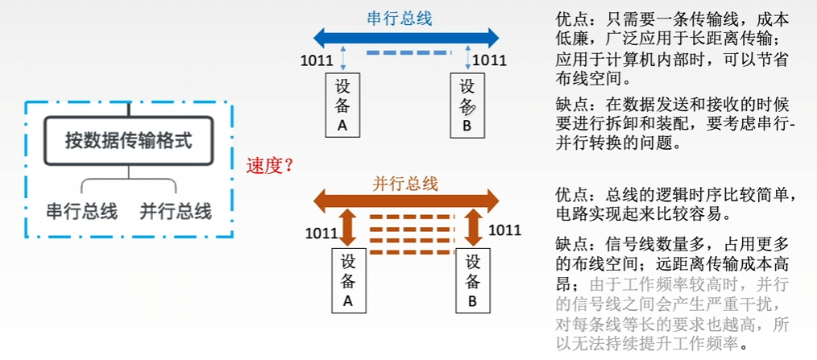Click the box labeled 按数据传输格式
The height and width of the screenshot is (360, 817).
pyautogui.click(x=129, y=141)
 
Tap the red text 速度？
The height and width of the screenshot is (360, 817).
pyautogui.click(x=271, y=166)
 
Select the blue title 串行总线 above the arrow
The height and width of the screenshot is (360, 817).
pyautogui.click(x=400, y=18)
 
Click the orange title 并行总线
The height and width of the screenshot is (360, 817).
pyautogui.click(x=405, y=184)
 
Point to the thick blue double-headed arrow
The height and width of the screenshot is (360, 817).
pyautogui.click(x=406, y=38)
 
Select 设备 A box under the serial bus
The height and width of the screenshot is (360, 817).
pyautogui.click(x=342, y=105)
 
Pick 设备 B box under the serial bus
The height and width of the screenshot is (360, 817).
pyautogui.click(x=467, y=105)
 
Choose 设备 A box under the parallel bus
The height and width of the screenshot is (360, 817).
pyautogui.click(x=349, y=280)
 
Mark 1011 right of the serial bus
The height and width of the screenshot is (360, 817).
pyautogui.click(x=489, y=60)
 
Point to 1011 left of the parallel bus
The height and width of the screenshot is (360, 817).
pyautogui.click(x=321, y=233)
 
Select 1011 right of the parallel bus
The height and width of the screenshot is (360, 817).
pyautogui.click(x=505, y=230)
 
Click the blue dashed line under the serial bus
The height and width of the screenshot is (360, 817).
pyautogui.click(x=406, y=52)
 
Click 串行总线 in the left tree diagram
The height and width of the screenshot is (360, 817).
pyautogui.click(x=82, y=212)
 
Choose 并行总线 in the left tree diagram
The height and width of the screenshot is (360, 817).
pyautogui.click(x=176, y=212)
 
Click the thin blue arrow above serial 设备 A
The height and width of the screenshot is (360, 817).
pyautogui.click(x=342, y=58)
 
